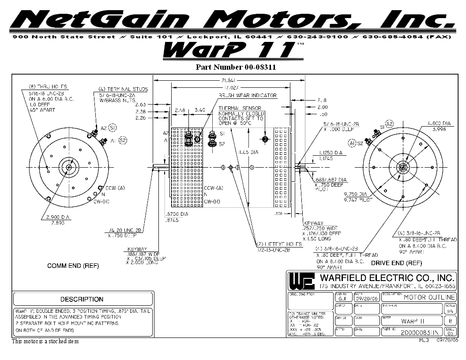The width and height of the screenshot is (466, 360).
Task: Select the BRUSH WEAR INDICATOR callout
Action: click(x=248, y=95)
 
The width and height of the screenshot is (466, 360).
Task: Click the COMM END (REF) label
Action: click(x=73, y=266)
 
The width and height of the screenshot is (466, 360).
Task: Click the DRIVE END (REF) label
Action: click(x=396, y=263)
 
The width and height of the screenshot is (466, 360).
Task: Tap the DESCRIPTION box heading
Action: click(x=82, y=299)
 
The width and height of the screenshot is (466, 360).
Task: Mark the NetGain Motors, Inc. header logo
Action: click(x=233, y=20)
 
